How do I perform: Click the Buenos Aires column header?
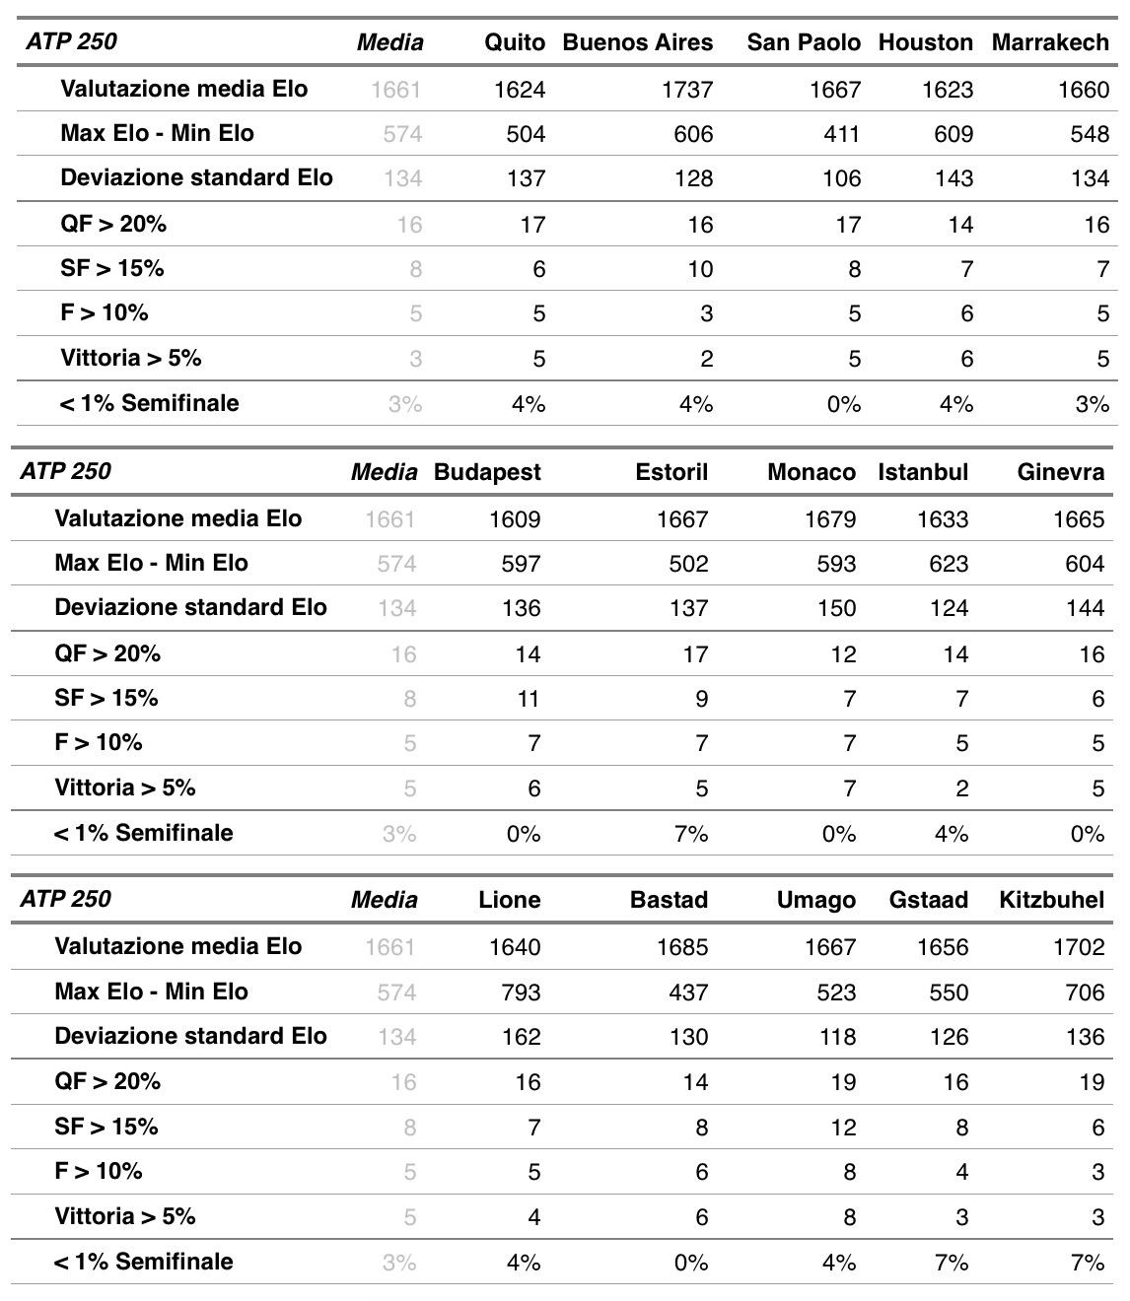click(637, 42)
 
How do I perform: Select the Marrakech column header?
click(1050, 42)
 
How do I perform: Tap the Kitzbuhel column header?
click(1051, 900)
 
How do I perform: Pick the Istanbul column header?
click(923, 472)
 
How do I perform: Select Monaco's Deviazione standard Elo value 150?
click(836, 608)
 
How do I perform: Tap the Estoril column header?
click(672, 472)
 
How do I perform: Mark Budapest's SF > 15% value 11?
click(528, 699)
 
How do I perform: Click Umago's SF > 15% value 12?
click(843, 1128)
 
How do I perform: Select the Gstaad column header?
click(928, 900)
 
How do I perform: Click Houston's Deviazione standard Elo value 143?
click(953, 178)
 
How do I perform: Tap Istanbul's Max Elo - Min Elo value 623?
click(949, 564)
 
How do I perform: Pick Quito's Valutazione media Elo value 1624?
click(519, 90)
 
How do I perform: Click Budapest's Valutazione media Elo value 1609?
click(515, 519)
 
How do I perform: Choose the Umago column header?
click(815, 900)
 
